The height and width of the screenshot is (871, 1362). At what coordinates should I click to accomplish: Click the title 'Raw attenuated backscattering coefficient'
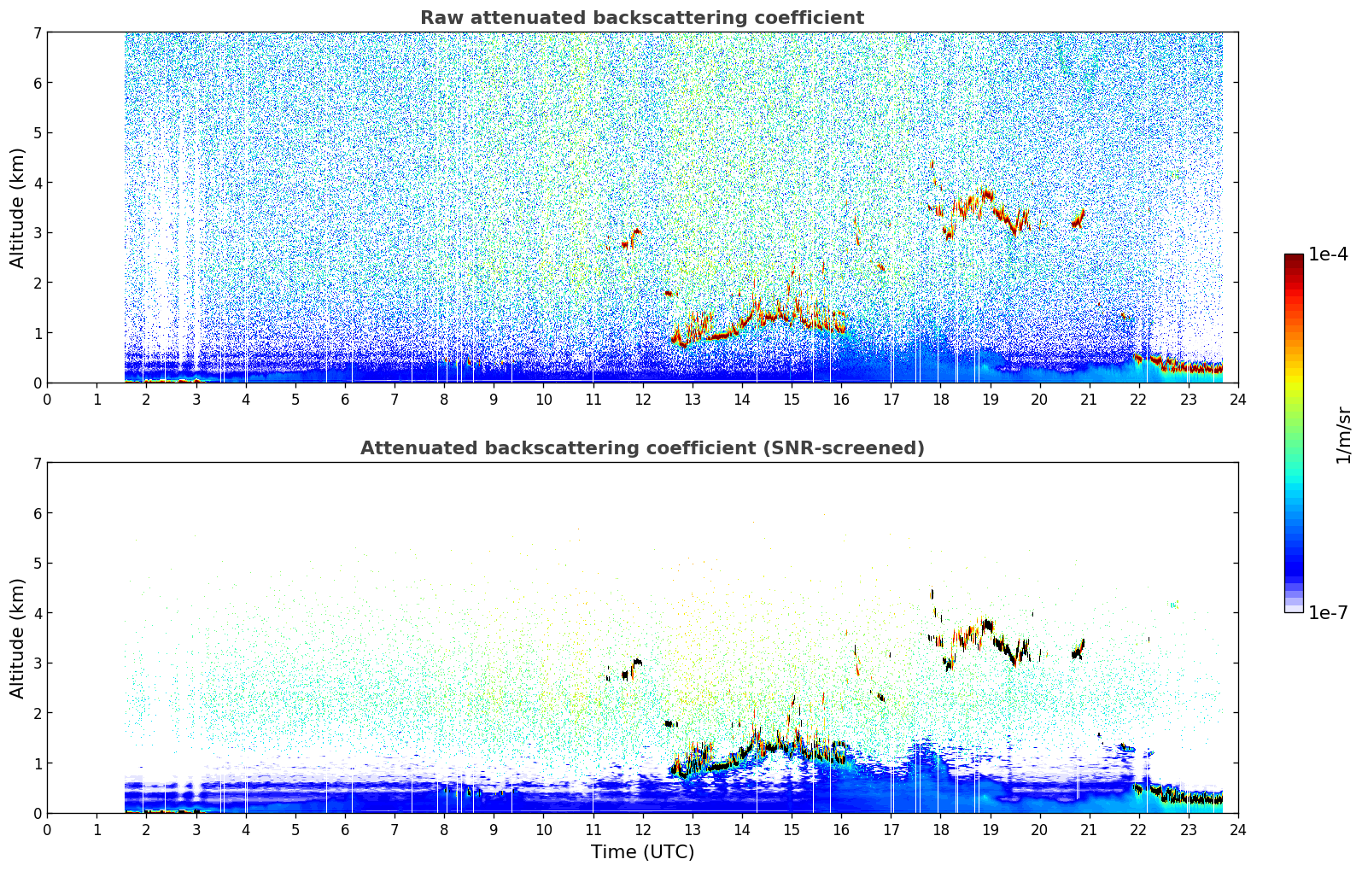click(x=642, y=18)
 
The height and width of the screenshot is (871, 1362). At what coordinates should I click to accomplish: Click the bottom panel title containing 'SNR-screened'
click(x=642, y=447)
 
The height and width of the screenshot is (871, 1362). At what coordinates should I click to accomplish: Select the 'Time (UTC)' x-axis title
click(x=642, y=851)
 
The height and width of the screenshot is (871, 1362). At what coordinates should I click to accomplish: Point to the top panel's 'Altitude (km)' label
click(x=17, y=208)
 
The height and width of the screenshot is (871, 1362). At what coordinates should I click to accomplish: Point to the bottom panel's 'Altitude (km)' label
click(x=17, y=638)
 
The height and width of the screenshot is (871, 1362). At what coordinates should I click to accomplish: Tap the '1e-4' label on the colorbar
click(x=1328, y=254)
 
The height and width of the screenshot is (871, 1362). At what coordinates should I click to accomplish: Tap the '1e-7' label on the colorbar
click(x=1328, y=612)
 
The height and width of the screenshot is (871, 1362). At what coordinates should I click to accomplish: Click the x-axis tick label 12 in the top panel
click(x=643, y=400)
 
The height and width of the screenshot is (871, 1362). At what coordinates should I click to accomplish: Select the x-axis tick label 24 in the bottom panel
click(x=1238, y=830)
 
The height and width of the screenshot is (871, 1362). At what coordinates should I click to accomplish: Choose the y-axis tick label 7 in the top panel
click(x=37, y=32)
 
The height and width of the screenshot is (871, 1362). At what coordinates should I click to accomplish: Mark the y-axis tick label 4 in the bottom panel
click(x=37, y=613)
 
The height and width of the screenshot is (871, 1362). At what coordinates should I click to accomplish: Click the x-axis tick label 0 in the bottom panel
click(x=48, y=830)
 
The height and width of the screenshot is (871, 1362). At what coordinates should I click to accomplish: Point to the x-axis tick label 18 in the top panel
click(x=941, y=400)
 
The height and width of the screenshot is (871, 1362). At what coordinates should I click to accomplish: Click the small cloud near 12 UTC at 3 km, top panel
click(x=631, y=239)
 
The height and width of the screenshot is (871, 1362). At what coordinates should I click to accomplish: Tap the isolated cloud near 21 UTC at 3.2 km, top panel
click(x=1078, y=219)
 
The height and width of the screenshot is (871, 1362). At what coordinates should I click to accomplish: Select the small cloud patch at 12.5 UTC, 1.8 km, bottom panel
click(x=670, y=724)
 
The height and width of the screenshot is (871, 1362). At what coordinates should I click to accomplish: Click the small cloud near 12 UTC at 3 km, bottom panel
click(x=631, y=669)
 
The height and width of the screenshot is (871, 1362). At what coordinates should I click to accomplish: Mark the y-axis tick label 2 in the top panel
click(x=37, y=283)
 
